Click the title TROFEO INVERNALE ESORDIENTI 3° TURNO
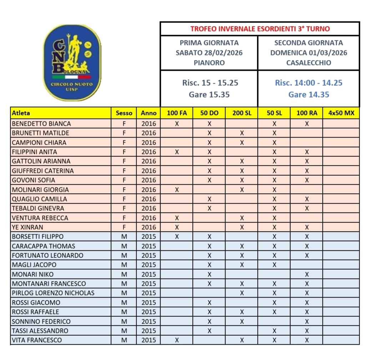(260, 29)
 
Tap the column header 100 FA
(177, 113)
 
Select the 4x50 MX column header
(341, 113)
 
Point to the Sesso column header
(124, 113)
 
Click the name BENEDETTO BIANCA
(41, 124)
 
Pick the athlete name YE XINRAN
(26, 227)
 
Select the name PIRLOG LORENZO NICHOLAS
(53, 293)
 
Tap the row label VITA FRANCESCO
(37, 340)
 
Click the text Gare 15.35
(209, 95)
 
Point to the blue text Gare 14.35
(309, 95)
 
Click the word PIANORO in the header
(209, 63)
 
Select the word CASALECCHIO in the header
(309, 63)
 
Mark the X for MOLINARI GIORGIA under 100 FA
(177, 190)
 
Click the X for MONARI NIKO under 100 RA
(306, 274)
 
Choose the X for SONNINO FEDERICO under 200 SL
(242, 321)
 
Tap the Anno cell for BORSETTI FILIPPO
(148, 236)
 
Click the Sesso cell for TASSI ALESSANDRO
(124, 331)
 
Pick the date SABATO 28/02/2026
(209, 53)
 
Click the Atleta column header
(21, 113)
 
